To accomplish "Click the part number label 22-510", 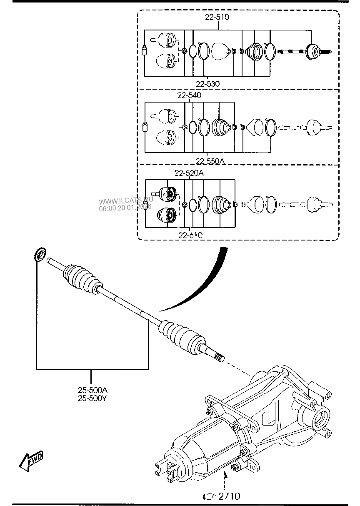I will tap(217, 17).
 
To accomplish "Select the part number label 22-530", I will tap(207, 84).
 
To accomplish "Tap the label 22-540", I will tap(189, 95).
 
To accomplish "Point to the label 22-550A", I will tap(210, 161).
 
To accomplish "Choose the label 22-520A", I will tap(189, 173).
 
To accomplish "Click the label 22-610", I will tap(190, 235).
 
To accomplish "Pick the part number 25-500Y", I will tap(92, 398).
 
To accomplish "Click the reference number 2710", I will tap(229, 496).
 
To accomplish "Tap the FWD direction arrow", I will tap(31, 461).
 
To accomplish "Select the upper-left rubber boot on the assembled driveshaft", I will tap(81, 278).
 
